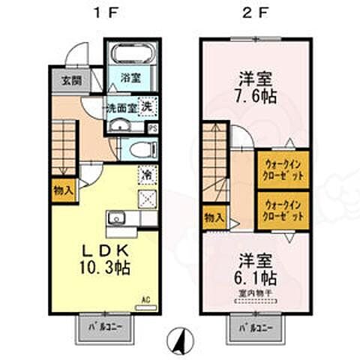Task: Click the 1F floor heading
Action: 102,13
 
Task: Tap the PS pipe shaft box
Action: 153,128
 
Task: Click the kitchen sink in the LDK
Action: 117,219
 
